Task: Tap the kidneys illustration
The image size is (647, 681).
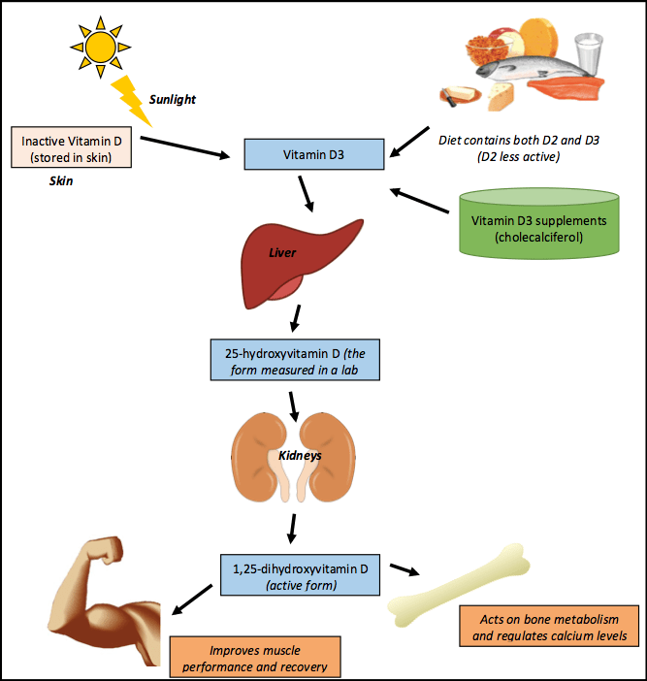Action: click(x=296, y=456)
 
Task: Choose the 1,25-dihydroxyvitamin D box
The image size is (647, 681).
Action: click(x=297, y=572)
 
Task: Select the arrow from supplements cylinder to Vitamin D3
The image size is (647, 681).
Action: click(x=423, y=200)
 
